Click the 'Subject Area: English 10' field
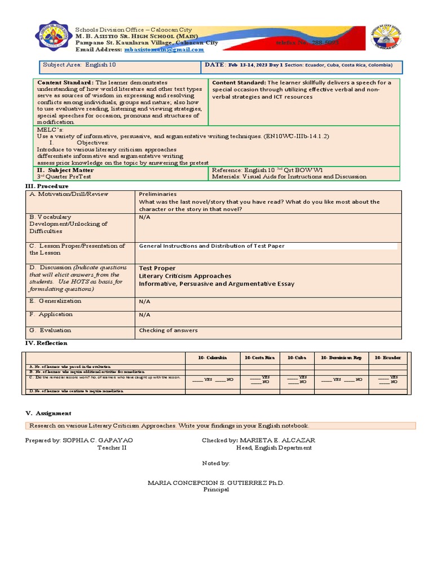coord(76,65)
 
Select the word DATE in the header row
coord(214,65)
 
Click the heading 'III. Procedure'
coord(47,186)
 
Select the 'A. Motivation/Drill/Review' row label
coord(68,194)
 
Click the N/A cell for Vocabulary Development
coord(145,217)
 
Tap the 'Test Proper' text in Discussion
coord(157,268)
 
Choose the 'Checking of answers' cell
coord(168,330)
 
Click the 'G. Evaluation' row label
coord(50,330)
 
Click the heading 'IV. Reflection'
coord(46,343)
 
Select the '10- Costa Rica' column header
coord(259,358)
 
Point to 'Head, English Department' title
coord(273,448)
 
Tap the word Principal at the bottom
coord(216,489)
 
